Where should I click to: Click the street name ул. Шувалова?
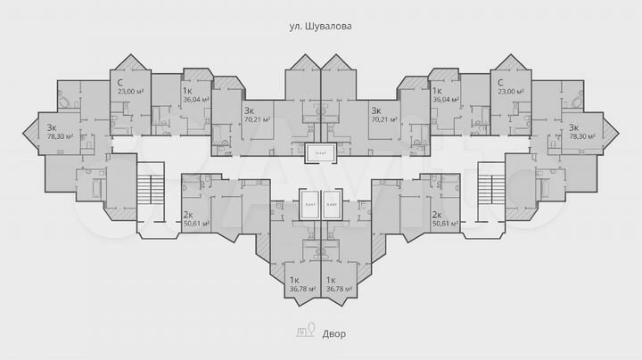coord(321,27)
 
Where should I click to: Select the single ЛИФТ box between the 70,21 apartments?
coord(320,154)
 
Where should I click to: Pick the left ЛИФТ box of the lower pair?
coord(309,205)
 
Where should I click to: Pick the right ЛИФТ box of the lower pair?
coord(332,205)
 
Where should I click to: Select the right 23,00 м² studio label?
coord(511,91)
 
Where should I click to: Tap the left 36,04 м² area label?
coord(195,100)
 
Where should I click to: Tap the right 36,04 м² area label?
coord(445,100)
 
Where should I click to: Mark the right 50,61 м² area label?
coord(445,224)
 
